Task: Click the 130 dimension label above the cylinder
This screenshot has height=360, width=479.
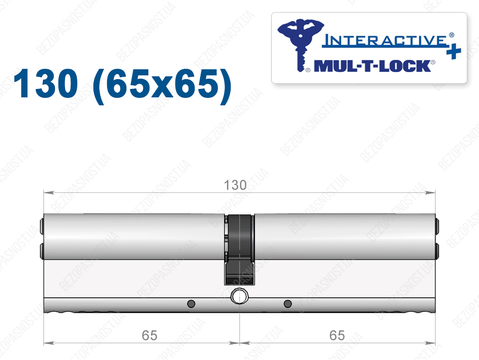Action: tap(235, 185)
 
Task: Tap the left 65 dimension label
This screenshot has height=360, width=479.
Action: tap(149, 336)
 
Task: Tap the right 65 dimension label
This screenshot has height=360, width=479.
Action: tap(337, 336)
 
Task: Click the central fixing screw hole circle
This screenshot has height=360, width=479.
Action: tap(239, 296)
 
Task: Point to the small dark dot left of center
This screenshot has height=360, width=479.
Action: tap(191, 304)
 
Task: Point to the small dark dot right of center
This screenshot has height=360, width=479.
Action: tap(288, 304)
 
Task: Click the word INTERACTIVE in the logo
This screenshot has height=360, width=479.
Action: tap(385, 40)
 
